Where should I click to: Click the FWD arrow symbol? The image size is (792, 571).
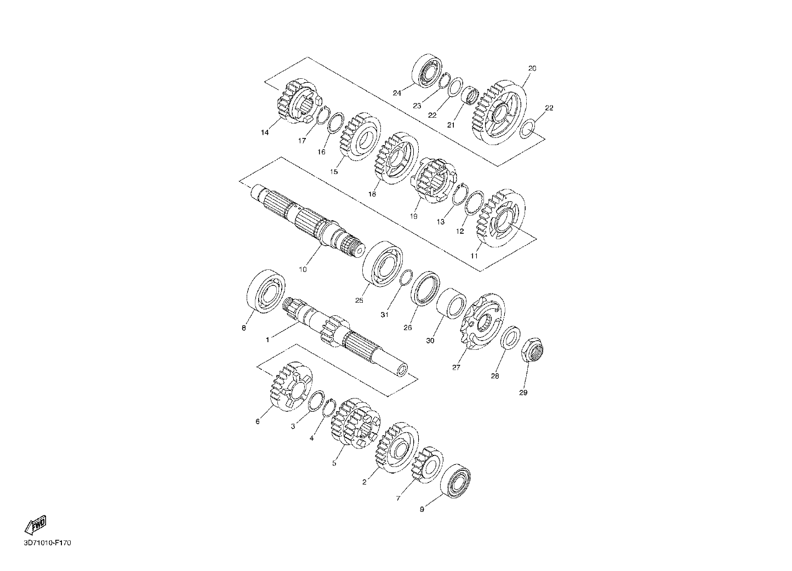point(36,525)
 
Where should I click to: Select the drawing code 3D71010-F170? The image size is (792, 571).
point(47,543)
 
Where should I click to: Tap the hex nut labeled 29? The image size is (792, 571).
point(533,350)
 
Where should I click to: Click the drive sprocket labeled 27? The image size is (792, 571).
point(483,321)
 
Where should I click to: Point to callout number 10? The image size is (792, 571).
point(303,269)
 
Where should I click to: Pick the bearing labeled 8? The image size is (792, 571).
point(266,291)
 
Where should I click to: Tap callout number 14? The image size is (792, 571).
point(265,133)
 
